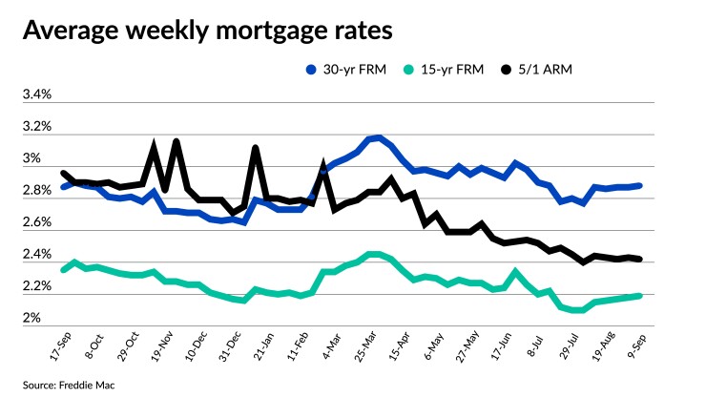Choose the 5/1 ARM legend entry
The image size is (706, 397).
click(x=555, y=70)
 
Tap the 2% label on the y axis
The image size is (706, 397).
click(x=32, y=318)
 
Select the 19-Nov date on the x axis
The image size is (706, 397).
click(x=167, y=341)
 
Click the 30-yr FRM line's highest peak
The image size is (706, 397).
click(x=379, y=137)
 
